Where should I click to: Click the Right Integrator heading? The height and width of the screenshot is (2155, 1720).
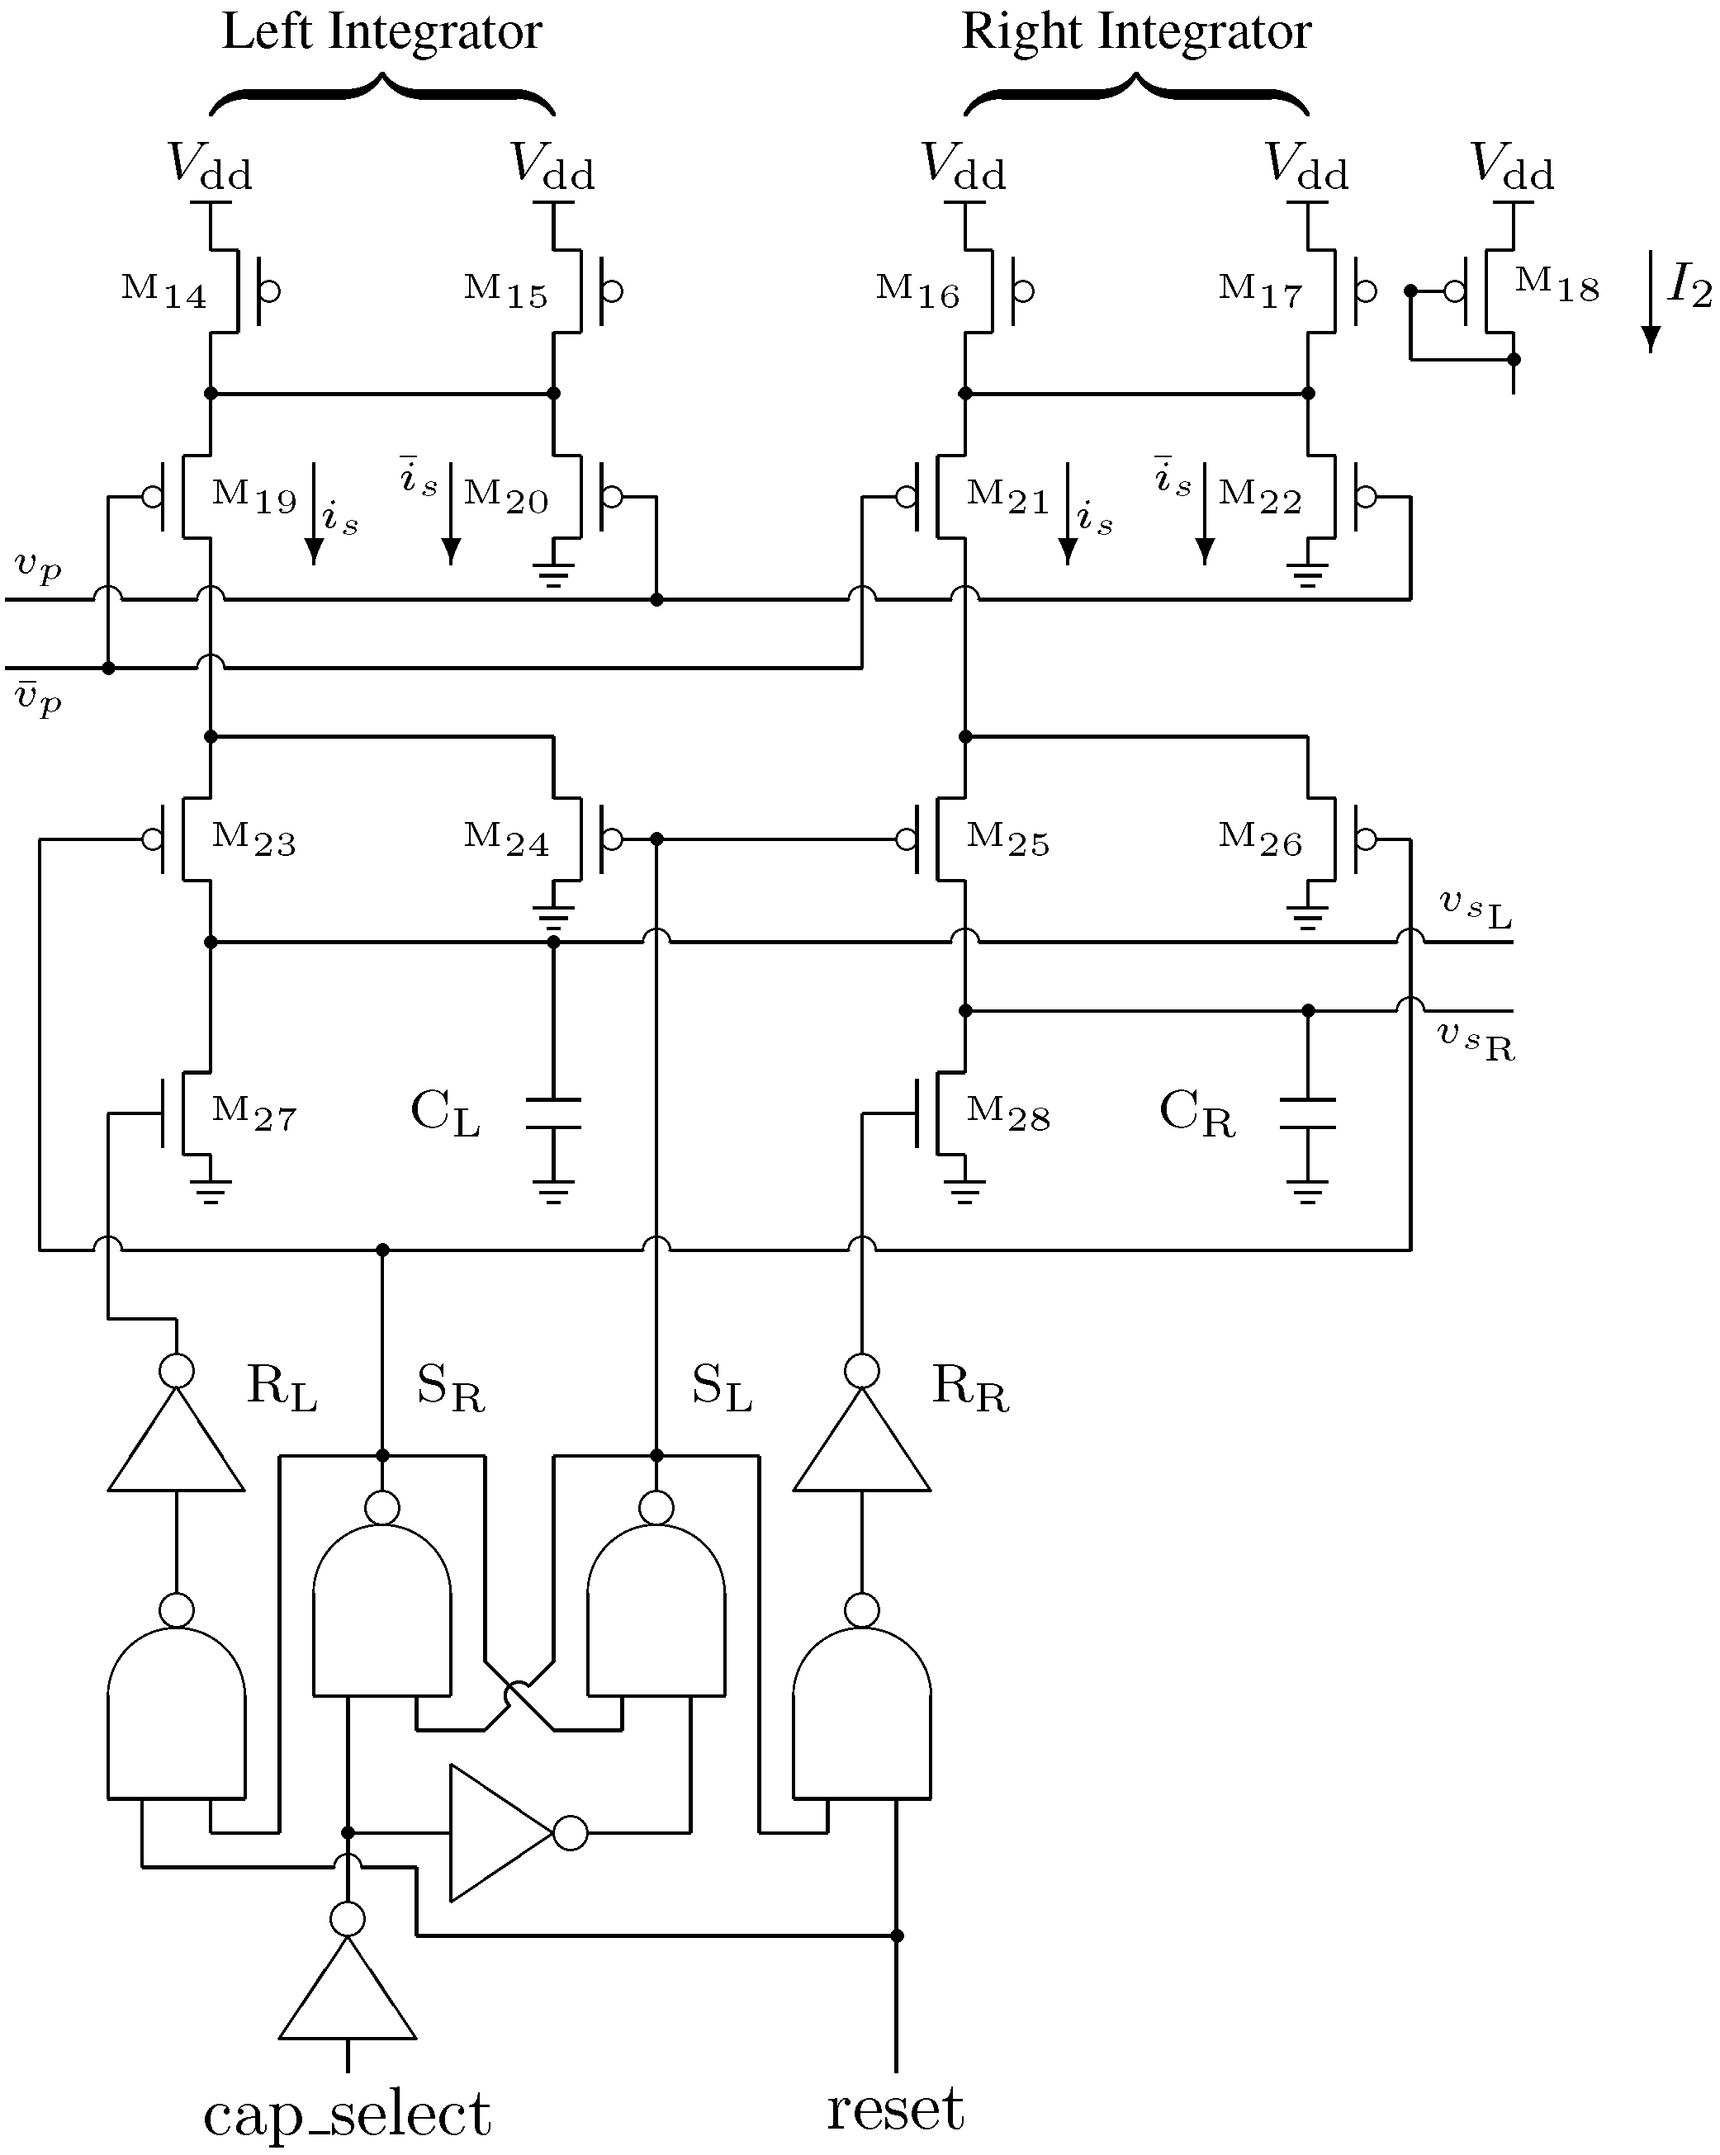click(x=1136, y=32)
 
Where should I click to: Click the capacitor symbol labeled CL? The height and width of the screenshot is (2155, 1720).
click(x=553, y=1113)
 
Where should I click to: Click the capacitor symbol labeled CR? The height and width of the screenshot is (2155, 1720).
click(x=1307, y=1113)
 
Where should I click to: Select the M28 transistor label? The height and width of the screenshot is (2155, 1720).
click(x=1008, y=1113)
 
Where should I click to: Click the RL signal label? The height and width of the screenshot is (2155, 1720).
click(x=281, y=1387)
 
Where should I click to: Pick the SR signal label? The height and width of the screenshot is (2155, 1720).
click(x=450, y=1387)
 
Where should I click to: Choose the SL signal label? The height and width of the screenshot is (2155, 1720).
click(x=721, y=1387)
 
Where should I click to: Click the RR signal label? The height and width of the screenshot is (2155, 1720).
click(x=970, y=1387)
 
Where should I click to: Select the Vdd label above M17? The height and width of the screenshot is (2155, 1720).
click(x=1307, y=166)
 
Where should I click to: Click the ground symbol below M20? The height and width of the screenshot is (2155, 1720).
click(x=553, y=574)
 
